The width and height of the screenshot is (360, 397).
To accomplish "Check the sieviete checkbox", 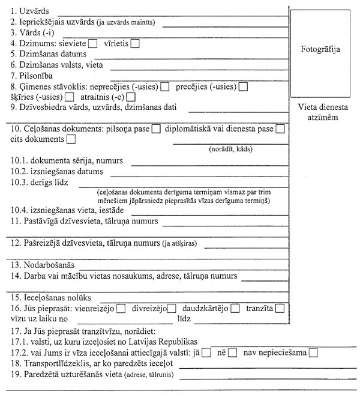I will (x=92, y=43).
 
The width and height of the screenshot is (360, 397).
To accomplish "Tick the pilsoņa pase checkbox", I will (x=156, y=129).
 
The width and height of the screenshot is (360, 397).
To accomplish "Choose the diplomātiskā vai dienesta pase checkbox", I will (x=280, y=129).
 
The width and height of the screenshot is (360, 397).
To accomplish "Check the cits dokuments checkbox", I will (x=71, y=139).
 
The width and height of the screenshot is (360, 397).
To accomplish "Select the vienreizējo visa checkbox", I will (x=121, y=309).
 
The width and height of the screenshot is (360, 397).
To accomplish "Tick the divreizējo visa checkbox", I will (x=172, y=309).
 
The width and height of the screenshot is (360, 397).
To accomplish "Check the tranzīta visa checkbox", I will (x=279, y=309).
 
